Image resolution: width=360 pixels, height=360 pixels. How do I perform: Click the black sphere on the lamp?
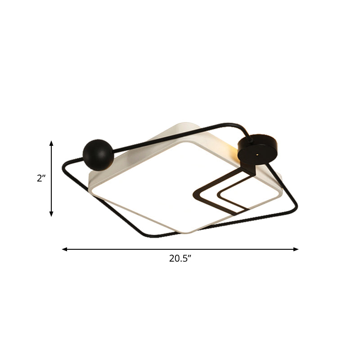click(98, 155)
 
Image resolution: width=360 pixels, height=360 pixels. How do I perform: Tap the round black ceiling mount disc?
click(257, 149)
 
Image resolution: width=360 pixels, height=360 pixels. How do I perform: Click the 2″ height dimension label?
click(41, 178)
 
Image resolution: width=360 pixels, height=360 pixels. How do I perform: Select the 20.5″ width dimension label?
click(180, 258)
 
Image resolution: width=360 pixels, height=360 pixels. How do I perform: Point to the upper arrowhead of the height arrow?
click(51, 143)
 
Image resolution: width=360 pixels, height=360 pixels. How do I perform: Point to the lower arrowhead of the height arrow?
click(51, 214)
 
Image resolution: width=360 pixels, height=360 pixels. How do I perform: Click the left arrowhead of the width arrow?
click(65, 249)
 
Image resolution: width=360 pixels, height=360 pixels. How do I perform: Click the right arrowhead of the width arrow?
click(296, 249)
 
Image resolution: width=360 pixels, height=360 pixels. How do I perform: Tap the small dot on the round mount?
click(257, 155)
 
